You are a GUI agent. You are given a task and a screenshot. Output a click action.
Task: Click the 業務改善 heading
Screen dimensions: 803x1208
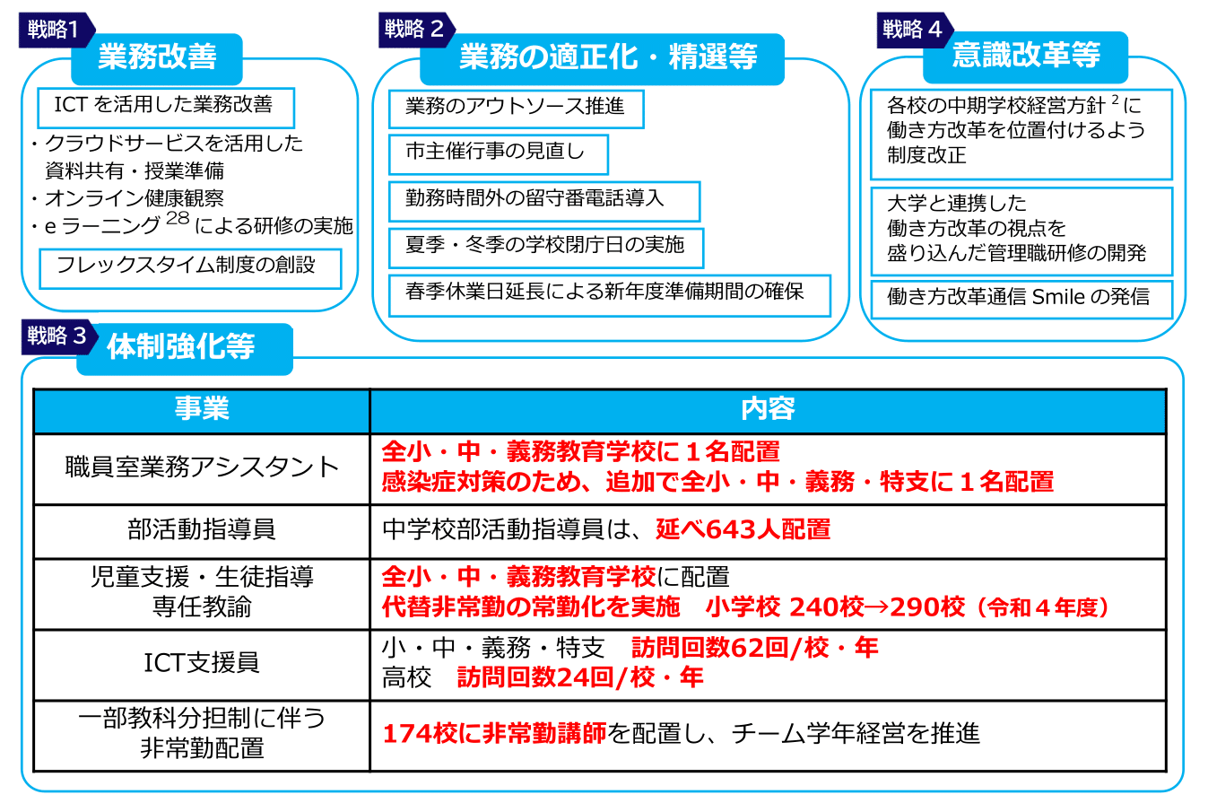coord(158,58)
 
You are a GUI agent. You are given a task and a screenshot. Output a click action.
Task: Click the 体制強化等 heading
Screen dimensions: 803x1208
coord(182,347)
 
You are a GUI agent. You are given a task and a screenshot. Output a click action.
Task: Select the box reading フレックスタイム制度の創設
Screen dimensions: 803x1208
coord(190,267)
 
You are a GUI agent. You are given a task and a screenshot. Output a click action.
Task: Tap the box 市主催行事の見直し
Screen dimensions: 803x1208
coord(498,153)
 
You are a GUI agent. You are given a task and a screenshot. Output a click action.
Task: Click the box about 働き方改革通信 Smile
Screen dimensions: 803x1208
coord(1021,298)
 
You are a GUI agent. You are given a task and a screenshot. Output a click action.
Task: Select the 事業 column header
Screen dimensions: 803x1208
coord(202,409)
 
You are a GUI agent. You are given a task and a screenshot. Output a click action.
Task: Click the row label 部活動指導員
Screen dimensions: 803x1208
coord(202,529)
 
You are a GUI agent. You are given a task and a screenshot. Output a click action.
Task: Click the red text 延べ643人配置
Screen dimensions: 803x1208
coord(743,529)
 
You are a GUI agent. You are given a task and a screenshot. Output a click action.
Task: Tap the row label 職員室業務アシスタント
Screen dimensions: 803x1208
coord(202,467)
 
